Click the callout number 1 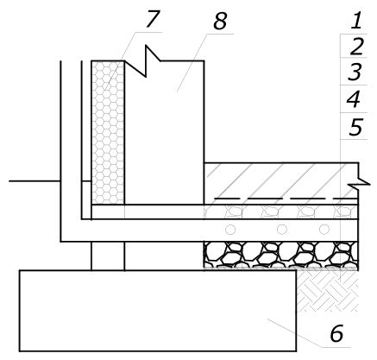tap(356, 22)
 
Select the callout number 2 tap(356, 47)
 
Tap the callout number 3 tap(355, 72)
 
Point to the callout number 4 tap(354, 99)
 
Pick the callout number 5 tap(355, 127)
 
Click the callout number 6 tap(336, 333)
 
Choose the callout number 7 tap(153, 19)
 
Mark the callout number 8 tap(220, 22)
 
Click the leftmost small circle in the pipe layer tap(230, 230)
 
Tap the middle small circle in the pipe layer tap(282, 230)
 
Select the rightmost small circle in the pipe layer tap(324, 230)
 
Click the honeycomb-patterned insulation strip tap(108, 133)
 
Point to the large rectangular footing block tap(158, 311)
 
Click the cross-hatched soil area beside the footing tap(328, 292)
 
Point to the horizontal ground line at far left tap(35, 181)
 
